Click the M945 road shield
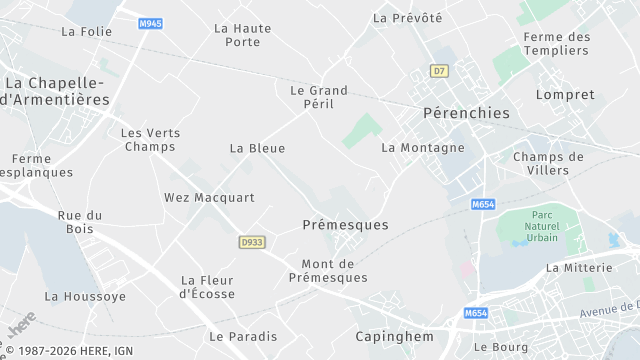[x=151, y=23]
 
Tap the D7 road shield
[x=439, y=71]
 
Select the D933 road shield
[x=252, y=242]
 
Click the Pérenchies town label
[x=466, y=113]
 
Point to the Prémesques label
[x=345, y=225]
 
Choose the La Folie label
[x=86, y=31]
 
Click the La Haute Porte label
[x=243, y=35]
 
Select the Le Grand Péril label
[x=319, y=97]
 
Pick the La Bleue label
[x=257, y=148]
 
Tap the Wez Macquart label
[x=209, y=198]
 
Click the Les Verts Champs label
[x=151, y=140]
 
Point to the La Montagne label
[x=423, y=148]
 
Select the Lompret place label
[x=565, y=95]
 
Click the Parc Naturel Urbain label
[x=543, y=227]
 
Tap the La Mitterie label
[x=579, y=268]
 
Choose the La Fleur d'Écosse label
[x=208, y=287]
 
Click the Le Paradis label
[x=243, y=336]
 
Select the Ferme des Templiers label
[x=557, y=44]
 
